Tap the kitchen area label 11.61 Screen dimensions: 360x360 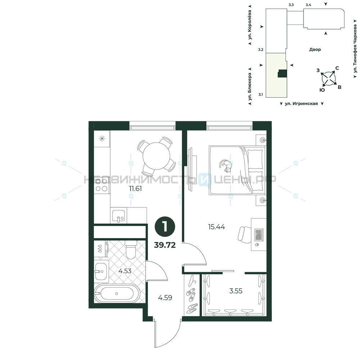click(x=135, y=189)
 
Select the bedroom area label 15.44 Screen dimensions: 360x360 click(x=216, y=227)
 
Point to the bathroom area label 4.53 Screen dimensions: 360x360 click(x=125, y=271)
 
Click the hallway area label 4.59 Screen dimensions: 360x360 click(x=165, y=298)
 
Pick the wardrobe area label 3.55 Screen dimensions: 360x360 click(x=236, y=291)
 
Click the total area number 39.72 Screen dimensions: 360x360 click(x=165, y=245)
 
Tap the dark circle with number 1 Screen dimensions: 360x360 click(x=165, y=227)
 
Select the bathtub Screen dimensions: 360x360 click(x=117, y=293)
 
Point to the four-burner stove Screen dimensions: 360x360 click(x=102, y=185)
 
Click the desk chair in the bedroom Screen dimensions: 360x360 click(x=244, y=234)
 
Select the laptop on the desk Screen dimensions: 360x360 click(x=259, y=235)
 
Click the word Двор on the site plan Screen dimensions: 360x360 click(x=315, y=49)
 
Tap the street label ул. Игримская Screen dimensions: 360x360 click(x=301, y=104)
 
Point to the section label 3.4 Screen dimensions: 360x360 click(x=309, y=5)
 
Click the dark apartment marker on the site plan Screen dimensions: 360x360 click(x=282, y=73)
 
